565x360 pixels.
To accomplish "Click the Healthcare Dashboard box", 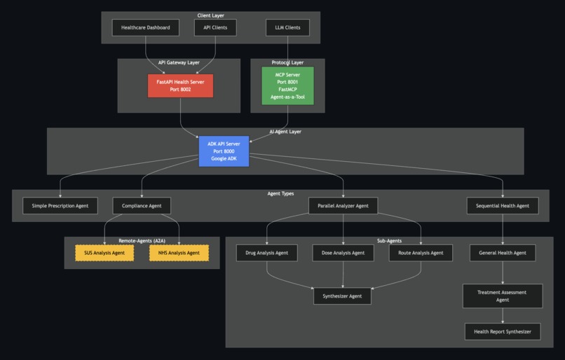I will [146, 28].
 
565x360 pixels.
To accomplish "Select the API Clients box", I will [215, 28].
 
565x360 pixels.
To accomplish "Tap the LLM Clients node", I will [287, 28].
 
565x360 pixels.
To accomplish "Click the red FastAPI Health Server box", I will [180, 85].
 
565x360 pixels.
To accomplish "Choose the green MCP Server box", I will [287, 85].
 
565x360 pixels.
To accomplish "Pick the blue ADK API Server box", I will [224, 151].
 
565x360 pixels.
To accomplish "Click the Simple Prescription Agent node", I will [60, 205].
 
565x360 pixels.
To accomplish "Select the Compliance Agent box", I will [142, 205].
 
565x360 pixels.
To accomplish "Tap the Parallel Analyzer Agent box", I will [343, 205].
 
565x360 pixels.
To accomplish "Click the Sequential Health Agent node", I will [503, 205].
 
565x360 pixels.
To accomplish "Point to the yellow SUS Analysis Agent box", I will [104, 253].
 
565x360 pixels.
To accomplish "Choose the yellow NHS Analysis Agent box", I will [179, 253].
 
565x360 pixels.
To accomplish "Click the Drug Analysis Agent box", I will [267, 253].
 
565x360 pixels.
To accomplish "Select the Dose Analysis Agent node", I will [343, 253].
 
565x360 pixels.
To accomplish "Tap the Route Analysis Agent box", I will [421, 253].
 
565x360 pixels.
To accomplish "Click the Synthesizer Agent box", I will [342, 296].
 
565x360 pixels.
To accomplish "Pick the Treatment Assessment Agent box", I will [503, 296].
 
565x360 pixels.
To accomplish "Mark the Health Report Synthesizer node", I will [503, 331].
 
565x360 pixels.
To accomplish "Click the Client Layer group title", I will [210, 15].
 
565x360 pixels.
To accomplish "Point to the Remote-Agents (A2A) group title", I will [142, 240].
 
